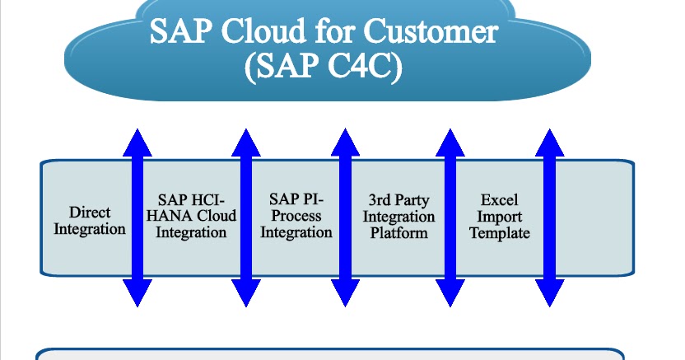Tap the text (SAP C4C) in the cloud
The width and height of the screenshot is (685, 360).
324,68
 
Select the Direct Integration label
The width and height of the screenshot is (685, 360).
90,221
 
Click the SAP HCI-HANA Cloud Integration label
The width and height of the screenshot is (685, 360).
192,216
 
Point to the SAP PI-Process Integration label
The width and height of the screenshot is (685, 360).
296,216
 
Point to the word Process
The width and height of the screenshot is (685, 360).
296,216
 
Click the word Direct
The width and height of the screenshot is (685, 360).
90,213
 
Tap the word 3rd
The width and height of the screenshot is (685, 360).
382,200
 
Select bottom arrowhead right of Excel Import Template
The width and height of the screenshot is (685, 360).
550,293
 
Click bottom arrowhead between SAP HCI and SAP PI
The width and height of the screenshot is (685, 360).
245,293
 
